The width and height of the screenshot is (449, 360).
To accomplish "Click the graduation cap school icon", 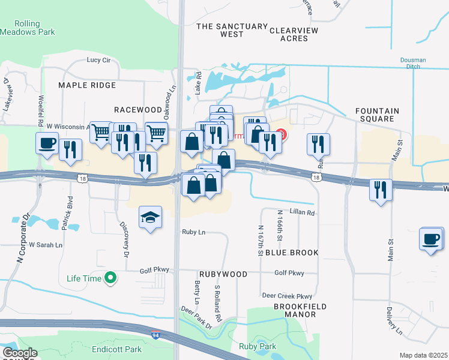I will tap(151, 218).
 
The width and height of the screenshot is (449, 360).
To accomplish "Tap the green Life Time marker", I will tap(110, 278).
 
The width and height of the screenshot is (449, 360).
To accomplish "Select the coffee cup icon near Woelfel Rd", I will tap(47, 144).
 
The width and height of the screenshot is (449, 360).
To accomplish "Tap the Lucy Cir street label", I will tap(98, 60).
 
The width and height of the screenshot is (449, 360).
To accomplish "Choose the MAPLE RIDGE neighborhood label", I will tap(86, 85).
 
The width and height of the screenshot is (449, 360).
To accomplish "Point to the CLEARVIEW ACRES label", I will tap(294, 34).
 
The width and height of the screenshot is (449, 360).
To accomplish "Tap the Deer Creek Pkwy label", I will tap(287, 296).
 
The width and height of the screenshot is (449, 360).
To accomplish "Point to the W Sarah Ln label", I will tap(42, 245).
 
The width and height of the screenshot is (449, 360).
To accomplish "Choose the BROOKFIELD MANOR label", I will tap(300, 310).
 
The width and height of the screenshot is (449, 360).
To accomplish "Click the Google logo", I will tap(20, 353).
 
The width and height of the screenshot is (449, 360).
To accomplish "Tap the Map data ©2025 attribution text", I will tap(423, 355).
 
